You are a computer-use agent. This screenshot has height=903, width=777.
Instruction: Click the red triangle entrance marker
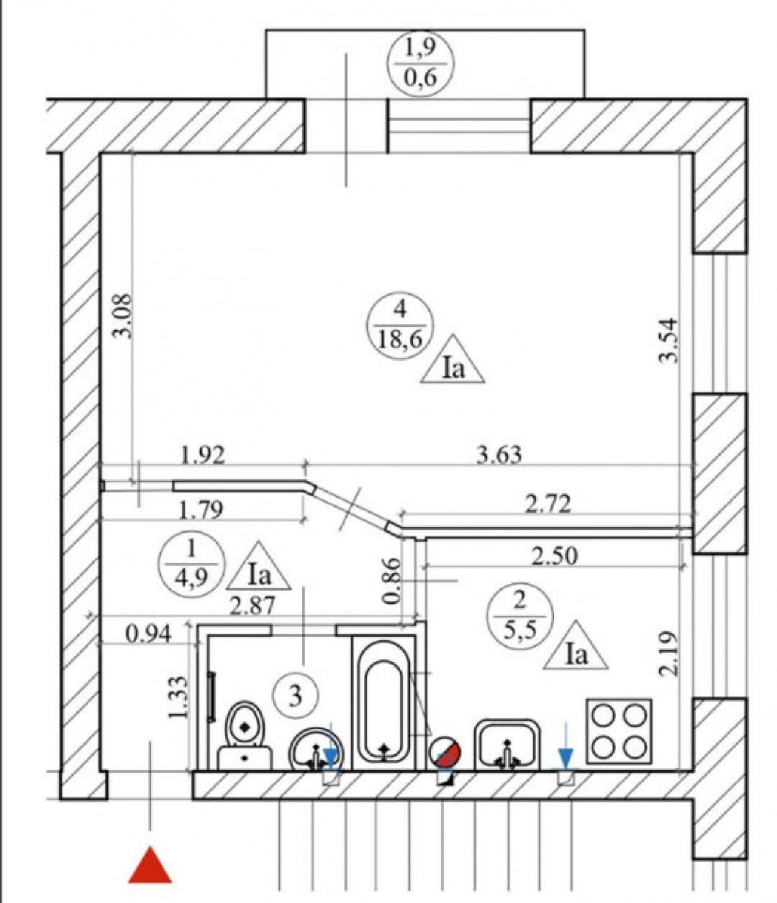click(150, 868)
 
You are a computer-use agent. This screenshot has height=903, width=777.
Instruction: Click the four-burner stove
click(619, 731)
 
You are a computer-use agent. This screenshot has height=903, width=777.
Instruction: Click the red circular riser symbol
click(445, 755)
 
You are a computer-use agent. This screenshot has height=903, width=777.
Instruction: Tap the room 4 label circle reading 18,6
click(400, 325)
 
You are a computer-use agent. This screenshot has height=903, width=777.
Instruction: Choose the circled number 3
click(295, 695)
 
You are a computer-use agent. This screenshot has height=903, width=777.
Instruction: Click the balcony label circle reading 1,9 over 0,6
click(421, 63)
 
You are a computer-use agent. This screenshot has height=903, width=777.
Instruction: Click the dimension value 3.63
click(499, 455)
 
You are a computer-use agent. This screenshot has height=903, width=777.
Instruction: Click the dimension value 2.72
click(548, 504)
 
